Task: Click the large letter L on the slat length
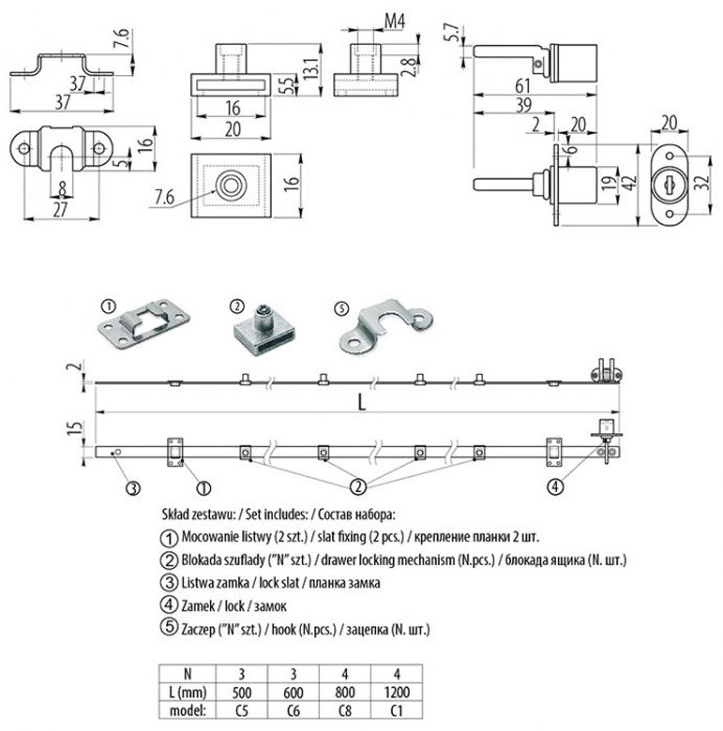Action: [x=362, y=402]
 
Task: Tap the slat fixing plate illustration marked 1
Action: [x=144, y=326]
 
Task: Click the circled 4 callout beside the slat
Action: [x=555, y=486]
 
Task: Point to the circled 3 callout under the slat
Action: [x=134, y=487]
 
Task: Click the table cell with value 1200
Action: [x=397, y=692]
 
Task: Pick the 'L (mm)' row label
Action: [x=188, y=692]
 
